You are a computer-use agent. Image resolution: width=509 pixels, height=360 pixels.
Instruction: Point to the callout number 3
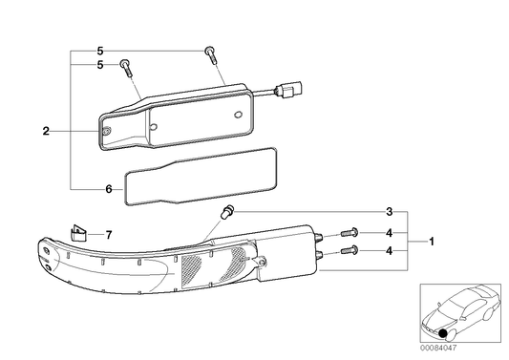[390, 211]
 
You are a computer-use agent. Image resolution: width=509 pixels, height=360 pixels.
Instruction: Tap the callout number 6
[108, 188]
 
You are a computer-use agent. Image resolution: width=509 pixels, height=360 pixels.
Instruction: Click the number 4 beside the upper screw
[390, 232]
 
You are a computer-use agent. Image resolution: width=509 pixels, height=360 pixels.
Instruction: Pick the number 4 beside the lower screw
[390, 252]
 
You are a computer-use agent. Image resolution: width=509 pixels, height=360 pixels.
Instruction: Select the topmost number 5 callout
[99, 50]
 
